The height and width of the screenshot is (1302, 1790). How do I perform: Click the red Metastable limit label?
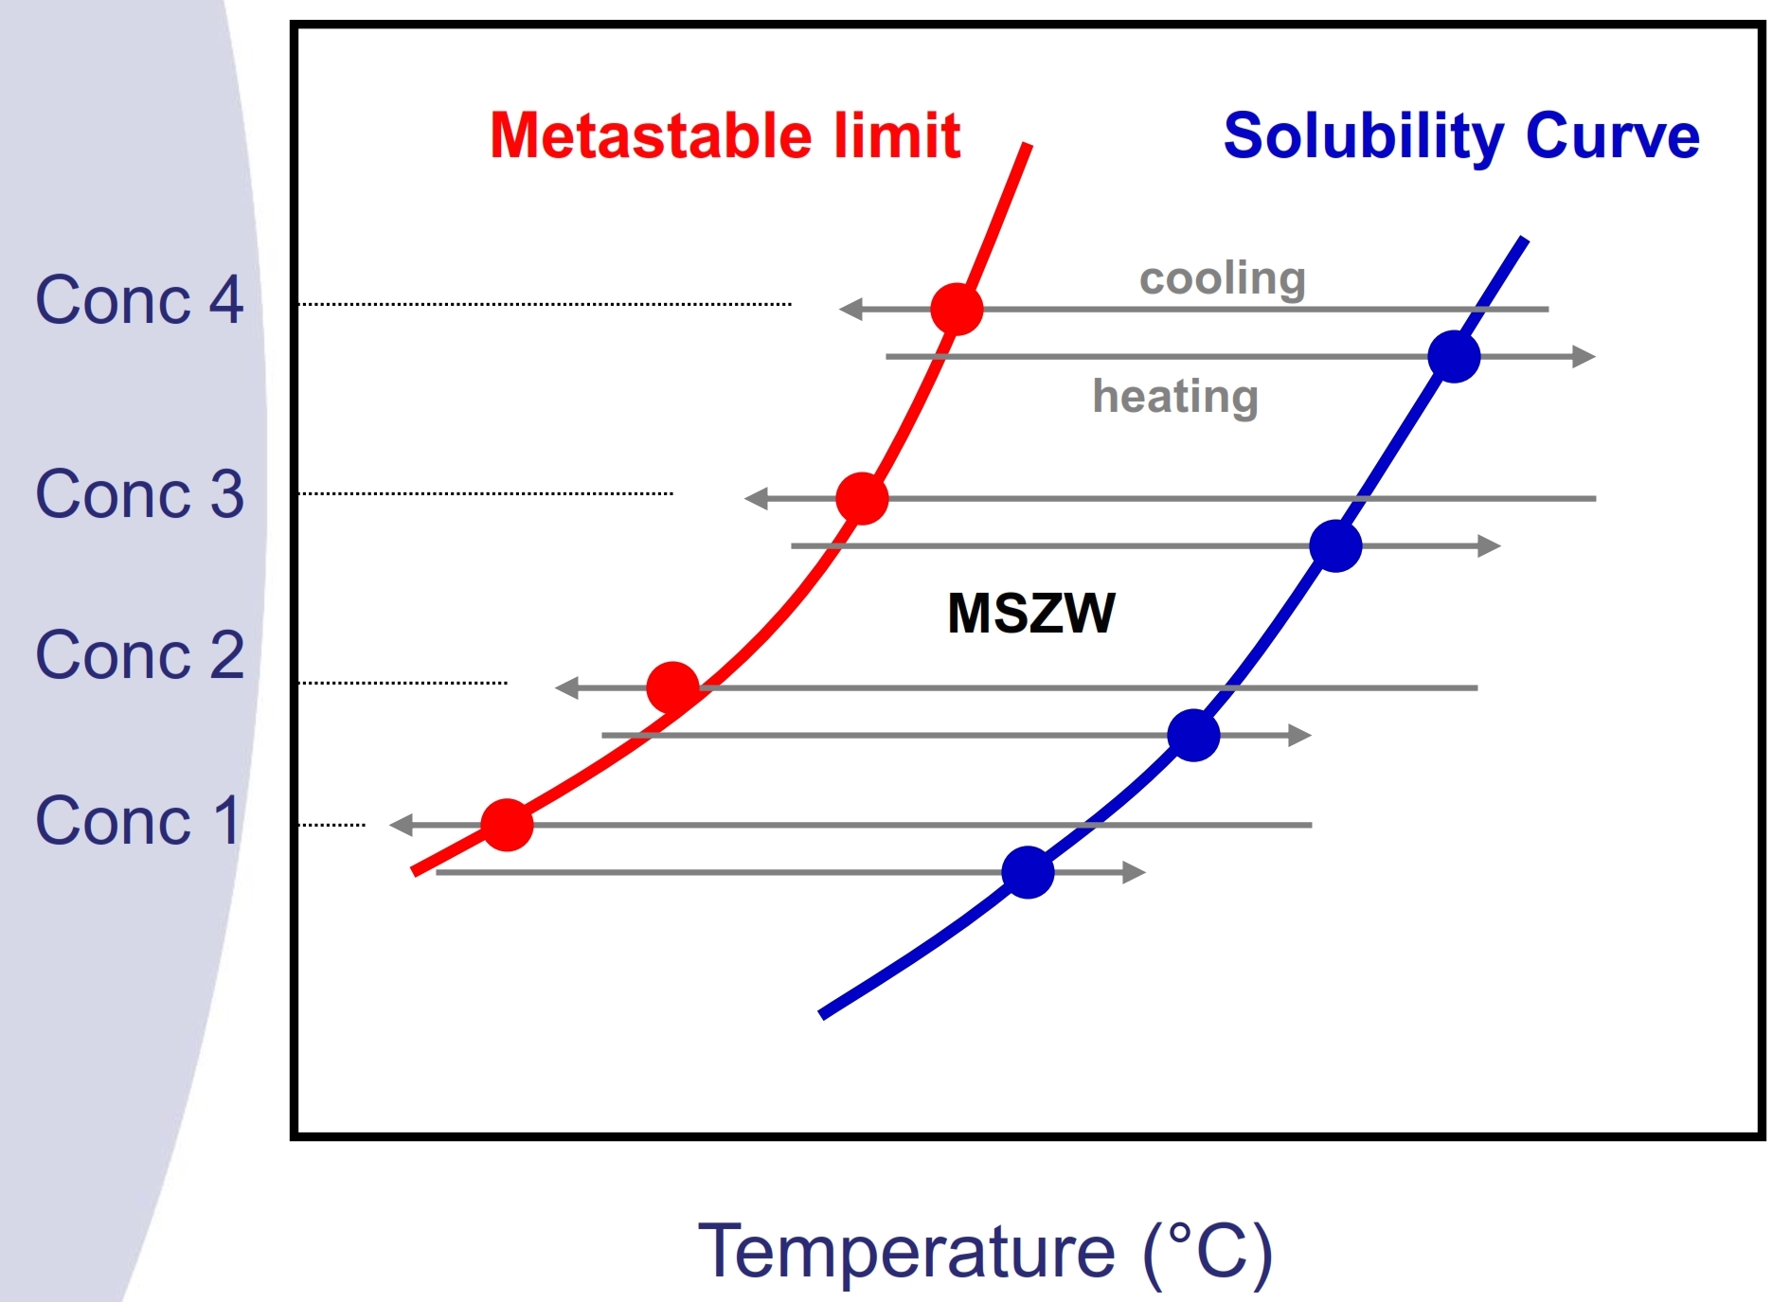click(x=725, y=135)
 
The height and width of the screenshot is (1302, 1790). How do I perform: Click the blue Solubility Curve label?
click(x=1460, y=135)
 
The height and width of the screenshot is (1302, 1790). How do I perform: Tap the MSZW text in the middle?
click(x=1031, y=613)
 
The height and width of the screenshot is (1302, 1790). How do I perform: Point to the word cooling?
click(x=1222, y=278)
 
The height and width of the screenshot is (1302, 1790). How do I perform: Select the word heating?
click(x=1175, y=396)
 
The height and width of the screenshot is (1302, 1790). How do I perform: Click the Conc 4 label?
click(x=139, y=300)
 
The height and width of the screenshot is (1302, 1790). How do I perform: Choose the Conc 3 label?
click(x=139, y=494)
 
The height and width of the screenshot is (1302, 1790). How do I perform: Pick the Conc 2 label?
click(x=139, y=654)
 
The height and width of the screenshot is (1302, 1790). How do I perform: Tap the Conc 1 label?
click(x=137, y=820)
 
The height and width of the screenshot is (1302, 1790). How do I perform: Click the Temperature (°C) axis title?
click(x=985, y=1252)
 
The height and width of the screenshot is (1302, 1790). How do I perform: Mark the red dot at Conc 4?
click(x=957, y=309)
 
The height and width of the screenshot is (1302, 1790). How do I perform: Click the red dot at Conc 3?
click(x=862, y=498)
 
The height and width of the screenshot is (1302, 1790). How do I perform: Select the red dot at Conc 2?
click(x=672, y=687)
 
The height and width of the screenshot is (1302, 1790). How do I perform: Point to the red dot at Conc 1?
click(x=507, y=825)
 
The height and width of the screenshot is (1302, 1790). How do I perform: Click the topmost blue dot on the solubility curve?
click(x=1454, y=357)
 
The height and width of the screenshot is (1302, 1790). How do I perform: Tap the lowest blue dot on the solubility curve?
click(x=1028, y=872)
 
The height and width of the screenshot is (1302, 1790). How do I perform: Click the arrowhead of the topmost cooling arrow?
click(x=850, y=309)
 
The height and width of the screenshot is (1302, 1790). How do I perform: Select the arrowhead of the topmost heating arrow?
click(x=1584, y=357)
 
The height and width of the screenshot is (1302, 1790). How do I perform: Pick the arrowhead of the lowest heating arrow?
click(x=1134, y=872)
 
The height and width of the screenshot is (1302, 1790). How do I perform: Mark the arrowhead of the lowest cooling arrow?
click(x=401, y=825)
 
